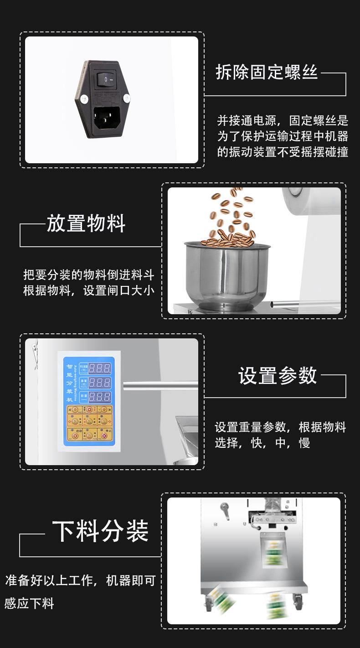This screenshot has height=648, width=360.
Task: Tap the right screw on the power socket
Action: (126, 97)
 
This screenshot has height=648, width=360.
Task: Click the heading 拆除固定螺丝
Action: (267, 73)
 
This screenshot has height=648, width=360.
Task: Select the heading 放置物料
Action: (86, 223)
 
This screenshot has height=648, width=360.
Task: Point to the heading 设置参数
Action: (278, 375)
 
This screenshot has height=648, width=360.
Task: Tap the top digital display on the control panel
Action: (99, 368)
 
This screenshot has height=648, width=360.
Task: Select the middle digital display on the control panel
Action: (99, 382)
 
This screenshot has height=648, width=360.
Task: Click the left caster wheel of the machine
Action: (209, 603)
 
